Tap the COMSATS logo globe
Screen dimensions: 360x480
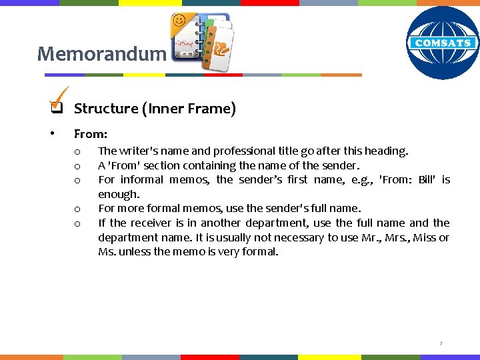click(x=443, y=43)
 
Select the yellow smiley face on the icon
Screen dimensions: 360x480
click(x=179, y=21)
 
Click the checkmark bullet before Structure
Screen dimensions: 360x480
click(x=57, y=105)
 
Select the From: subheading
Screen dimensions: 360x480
click(x=91, y=134)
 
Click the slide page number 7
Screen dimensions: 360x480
click(x=441, y=344)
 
